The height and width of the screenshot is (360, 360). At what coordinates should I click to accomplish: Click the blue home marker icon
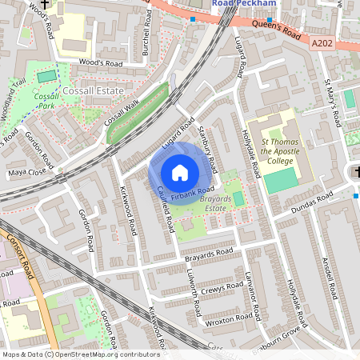tap(180, 172)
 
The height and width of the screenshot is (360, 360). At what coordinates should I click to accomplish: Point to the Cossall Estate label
tap(94, 91)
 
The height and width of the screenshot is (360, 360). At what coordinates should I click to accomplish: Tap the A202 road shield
tap(324, 46)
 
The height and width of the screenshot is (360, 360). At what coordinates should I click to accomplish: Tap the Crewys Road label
tap(222, 287)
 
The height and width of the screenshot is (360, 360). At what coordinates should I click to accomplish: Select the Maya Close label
tap(27, 172)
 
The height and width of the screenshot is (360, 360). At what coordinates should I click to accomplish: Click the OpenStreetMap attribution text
tap(80, 354)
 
